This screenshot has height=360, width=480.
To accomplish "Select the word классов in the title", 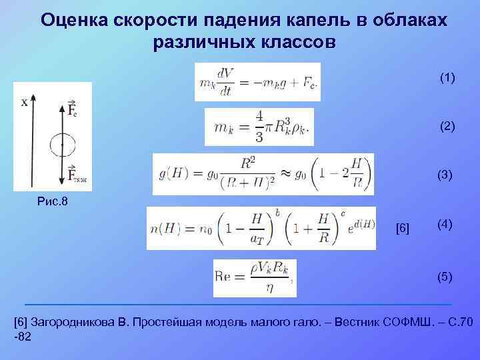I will pos(286,42).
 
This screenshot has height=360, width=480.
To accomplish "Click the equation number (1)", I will pos(447,79).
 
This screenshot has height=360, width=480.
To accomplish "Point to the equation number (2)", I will pos(447,126).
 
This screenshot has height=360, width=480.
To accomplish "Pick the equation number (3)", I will pos(445,175).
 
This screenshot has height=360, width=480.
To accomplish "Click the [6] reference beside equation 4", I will pos(403,229).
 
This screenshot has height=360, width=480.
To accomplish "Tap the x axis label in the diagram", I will pos(25,102).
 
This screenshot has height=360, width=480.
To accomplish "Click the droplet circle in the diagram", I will pos(63,144).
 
